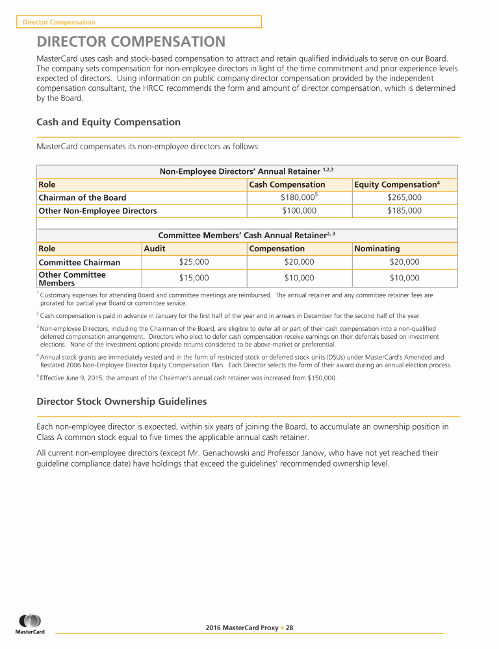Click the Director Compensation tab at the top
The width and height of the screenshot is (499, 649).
(x=59, y=22)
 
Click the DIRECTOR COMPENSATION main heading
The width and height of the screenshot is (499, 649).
(x=131, y=43)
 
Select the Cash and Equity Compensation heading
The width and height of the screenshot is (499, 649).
(x=109, y=122)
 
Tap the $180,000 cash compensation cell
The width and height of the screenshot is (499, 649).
(x=299, y=197)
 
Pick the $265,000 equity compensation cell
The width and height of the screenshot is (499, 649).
(x=404, y=197)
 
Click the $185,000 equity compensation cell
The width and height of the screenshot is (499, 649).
(x=404, y=210)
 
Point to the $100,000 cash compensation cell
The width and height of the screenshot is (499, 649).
(x=299, y=210)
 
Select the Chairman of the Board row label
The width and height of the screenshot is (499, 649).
(x=83, y=197)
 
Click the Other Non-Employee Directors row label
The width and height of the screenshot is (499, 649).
(x=97, y=210)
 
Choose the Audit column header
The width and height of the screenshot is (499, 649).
(x=154, y=249)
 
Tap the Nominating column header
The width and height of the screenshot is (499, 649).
(x=377, y=249)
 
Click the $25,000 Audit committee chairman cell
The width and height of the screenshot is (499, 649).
(x=194, y=262)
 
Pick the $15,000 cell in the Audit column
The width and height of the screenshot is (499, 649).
(x=194, y=278)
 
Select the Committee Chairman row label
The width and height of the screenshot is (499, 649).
(x=79, y=262)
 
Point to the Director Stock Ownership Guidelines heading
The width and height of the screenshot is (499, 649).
(x=122, y=402)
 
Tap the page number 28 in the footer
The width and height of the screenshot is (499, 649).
(x=290, y=628)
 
